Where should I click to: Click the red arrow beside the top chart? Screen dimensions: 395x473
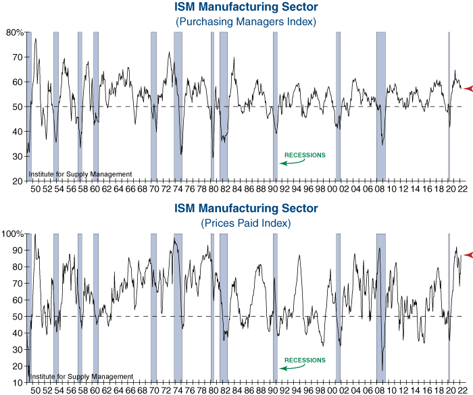pyautogui.click(x=468, y=88)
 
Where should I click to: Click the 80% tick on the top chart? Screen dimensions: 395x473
pyautogui.click(x=15, y=32)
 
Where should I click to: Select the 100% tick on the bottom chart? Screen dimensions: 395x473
pyautogui.click(x=14, y=234)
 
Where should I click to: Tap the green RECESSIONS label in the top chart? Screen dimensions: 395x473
pyautogui.click(x=305, y=155)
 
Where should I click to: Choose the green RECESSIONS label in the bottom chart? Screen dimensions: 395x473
pyautogui.click(x=305, y=361)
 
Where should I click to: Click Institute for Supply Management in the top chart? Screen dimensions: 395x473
pyautogui.click(x=80, y=175)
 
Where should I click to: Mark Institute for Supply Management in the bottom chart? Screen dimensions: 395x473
pyautogui.click(x=80, y=377)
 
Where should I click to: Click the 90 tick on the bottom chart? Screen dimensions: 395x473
pyautogui.click(x=18, y=251)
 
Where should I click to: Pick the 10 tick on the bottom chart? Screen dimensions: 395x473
pyautogui.click(x=18, y=383)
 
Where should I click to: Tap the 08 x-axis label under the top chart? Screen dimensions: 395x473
pyautogui.click(x=380, y=188)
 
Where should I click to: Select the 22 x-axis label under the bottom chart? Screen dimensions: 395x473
pyautogui.click(x=461, y=390)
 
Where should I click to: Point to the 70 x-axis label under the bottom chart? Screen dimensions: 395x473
pyautogui.click(x=153, y=390)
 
